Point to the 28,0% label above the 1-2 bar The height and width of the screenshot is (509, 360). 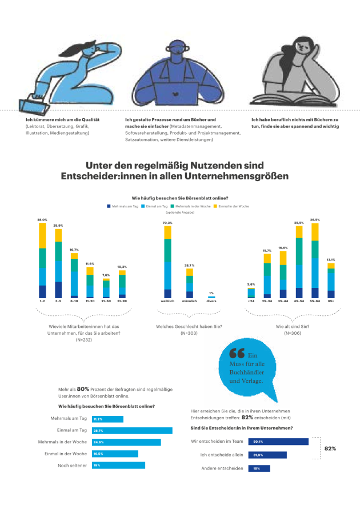42,219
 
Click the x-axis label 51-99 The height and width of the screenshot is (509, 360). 122,300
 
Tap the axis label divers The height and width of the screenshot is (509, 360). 211,300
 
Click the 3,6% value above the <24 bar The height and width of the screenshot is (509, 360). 251,284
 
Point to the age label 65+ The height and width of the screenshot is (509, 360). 331,300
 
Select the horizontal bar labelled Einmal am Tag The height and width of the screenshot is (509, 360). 132,430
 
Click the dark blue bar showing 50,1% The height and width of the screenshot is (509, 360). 278,442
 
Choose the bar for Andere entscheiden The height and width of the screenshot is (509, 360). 259,468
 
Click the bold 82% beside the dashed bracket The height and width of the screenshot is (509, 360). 330,449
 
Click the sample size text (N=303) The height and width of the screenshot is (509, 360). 189,332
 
